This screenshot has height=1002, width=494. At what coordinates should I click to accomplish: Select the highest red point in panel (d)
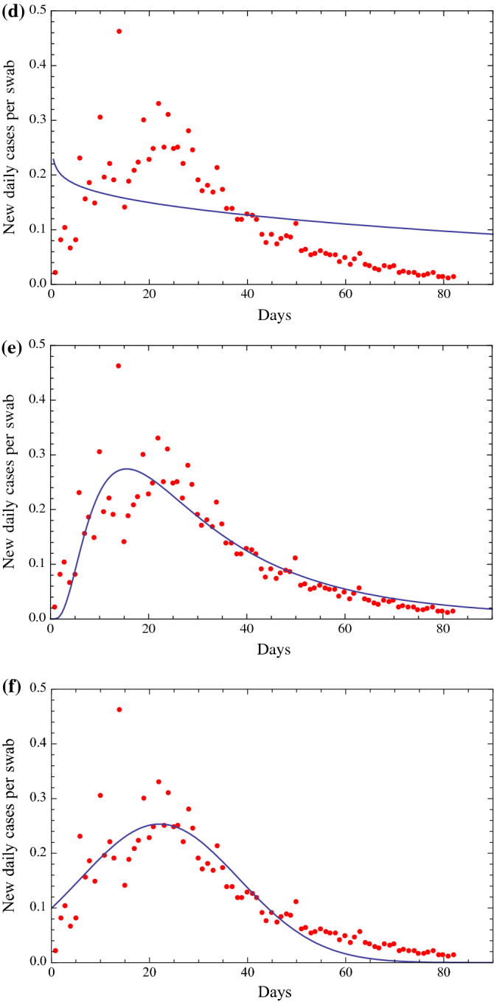click(x=119, y=31)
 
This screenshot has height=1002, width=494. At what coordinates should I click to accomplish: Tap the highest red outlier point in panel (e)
click(x=119, y=366)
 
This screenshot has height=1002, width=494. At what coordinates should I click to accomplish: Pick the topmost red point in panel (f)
click(x=119, y=709)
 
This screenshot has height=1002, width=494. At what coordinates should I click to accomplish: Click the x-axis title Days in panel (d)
click(x=274, y=316)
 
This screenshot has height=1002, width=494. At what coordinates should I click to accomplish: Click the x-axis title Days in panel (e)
click(x=274, y=650)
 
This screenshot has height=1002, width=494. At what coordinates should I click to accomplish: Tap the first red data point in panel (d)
click(x=55, y=273)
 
